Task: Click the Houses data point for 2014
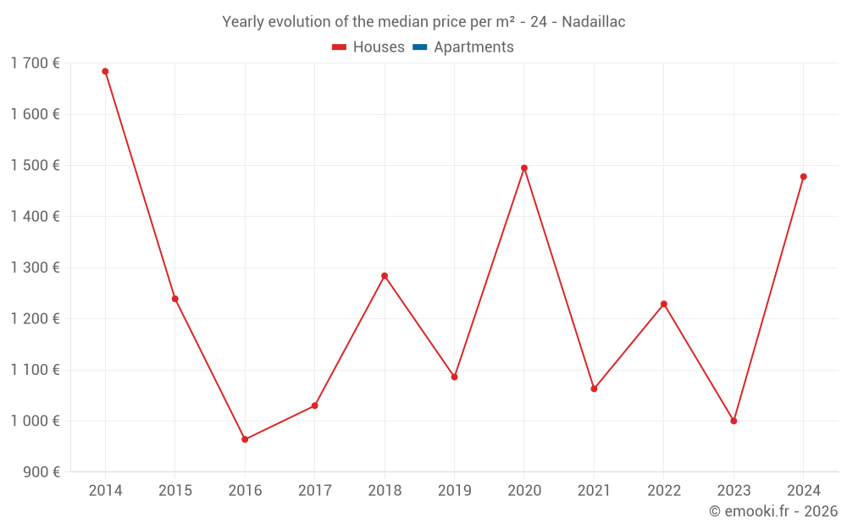click(x=105, y=71)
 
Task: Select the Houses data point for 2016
click(x=245, y=439)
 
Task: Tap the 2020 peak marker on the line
click(x=524, y=168)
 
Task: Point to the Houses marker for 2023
click(x=734, y=421)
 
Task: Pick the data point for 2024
click(x=803, y=177)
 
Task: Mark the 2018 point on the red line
click(x=385, y=276)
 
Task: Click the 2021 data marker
click(x=594, y=388)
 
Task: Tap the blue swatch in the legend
click(x=419, y=47)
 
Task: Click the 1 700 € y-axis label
click(x=35, y=63)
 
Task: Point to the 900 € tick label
click(x=41, y=472)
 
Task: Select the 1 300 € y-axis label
click(x=35, y=267)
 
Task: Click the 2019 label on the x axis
click(x=454, y=491)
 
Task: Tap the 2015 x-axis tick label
click(x=175, y=491)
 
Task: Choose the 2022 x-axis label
click(x=663, y=491)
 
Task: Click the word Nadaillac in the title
click(x=593, y=22)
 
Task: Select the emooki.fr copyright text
click(x=772, y=511)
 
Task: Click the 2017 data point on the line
click(x=314, y=405)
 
